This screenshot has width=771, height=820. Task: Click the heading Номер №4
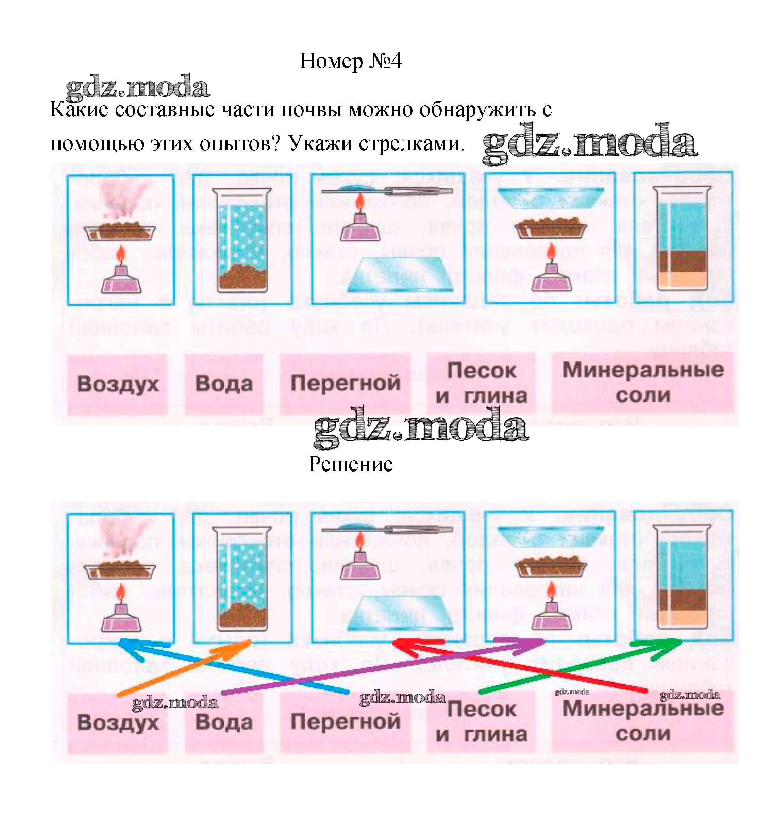(350, 61)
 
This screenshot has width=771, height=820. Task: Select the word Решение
(350, 464)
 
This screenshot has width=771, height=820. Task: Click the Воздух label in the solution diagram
(118, 723)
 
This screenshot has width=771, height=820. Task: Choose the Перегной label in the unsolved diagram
(346, 383)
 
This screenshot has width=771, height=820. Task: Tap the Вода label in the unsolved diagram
(224, 383)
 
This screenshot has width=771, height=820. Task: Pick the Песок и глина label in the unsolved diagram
(481, 383)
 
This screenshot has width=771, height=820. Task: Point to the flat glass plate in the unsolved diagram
(400, 274)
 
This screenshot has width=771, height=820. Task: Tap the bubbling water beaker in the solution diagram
(242, 578)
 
